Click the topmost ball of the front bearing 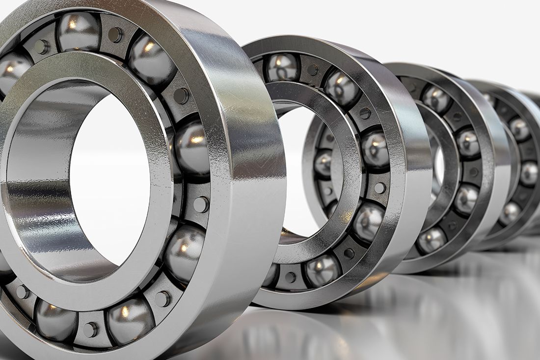[x=79, y=31]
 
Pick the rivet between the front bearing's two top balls [x=115, y=34]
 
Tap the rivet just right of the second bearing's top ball [x=312, y=70]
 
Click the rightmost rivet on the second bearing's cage [x=380, y=188]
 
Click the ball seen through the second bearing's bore [x=323, y=164]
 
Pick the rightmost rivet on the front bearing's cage [x=201, y=204]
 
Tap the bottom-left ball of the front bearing [x=55, y=321]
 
